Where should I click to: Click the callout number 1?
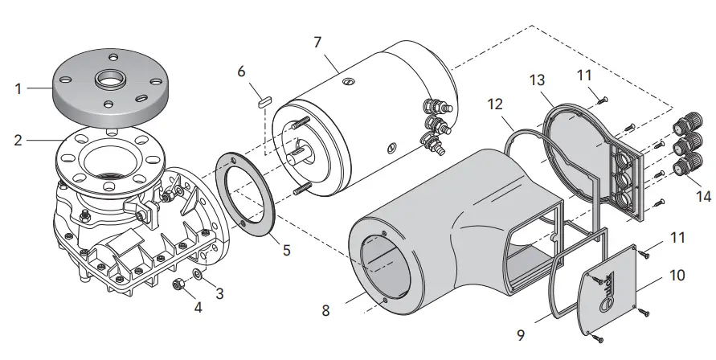click(x=18, y=88)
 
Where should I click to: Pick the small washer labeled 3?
click(x=198, y=276)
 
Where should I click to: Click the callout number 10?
click(x=677, y=274)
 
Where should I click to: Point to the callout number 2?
click(x=18, y=140)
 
